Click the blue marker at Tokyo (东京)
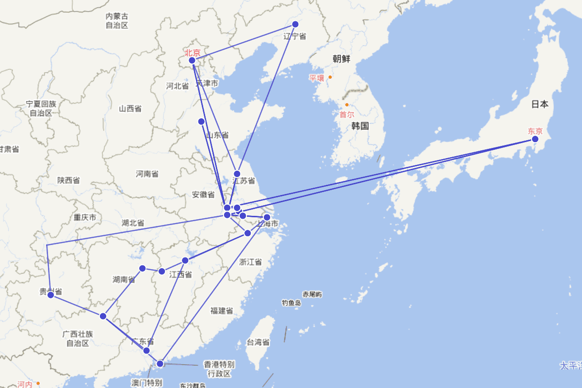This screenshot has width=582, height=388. [x=535, y=139]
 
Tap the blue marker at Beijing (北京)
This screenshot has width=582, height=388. [x=192, y=61]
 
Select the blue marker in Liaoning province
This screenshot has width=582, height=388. [x=295, y=24]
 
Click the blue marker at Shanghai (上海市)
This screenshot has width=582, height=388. [x=267, y=217]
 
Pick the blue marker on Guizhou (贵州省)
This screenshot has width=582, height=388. [x=50, y=294]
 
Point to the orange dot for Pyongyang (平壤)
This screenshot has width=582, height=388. [x=330, y=77]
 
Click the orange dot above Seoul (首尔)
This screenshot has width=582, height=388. [x=347, y=105]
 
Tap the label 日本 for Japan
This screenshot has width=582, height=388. [x=540, y=104]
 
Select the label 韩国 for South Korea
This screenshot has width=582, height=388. [x=360, y=126]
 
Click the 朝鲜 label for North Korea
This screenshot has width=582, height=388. [x=341, y=59]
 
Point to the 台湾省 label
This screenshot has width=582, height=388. [x=258, y=342]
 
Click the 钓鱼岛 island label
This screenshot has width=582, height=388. [x=291, y=303]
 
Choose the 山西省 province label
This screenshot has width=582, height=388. [x=130, y=109]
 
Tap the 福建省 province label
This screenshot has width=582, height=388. [x=221, y=310]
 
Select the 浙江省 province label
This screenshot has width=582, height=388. [x=250, y=262]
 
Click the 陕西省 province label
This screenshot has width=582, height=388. [x=68, y=180]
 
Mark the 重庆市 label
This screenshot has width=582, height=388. [x=85, y=217]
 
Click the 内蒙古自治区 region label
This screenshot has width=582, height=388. [x=117, y=21]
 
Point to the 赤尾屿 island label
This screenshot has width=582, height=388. [x=312, y=294]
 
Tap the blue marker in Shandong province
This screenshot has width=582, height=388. [x=201, y=121]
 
